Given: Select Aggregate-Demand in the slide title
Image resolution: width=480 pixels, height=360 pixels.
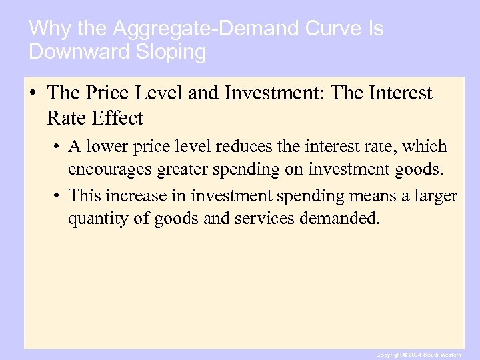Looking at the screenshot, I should coord(181,29).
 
